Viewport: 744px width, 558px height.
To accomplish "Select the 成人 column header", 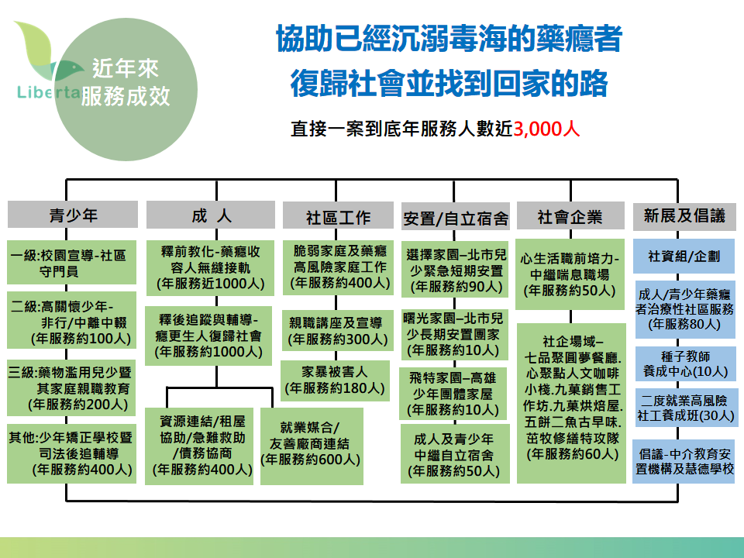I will click(210, 215).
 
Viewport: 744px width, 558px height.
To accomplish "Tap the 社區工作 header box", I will click(338, 217).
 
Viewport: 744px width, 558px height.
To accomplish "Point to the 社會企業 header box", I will click(570, 217).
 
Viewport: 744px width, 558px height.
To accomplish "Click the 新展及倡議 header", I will click(684, 217).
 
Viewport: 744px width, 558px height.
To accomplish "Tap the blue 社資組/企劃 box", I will click(684, 257).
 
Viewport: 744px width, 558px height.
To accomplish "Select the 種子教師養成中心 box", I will click(684, 363).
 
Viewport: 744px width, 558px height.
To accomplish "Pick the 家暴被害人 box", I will click(335, 380).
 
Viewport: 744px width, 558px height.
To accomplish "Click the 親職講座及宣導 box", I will click(335, 330).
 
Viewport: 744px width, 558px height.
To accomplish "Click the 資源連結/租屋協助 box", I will click(201, 445).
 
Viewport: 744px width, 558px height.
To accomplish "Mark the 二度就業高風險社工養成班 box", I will click(684, 408).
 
